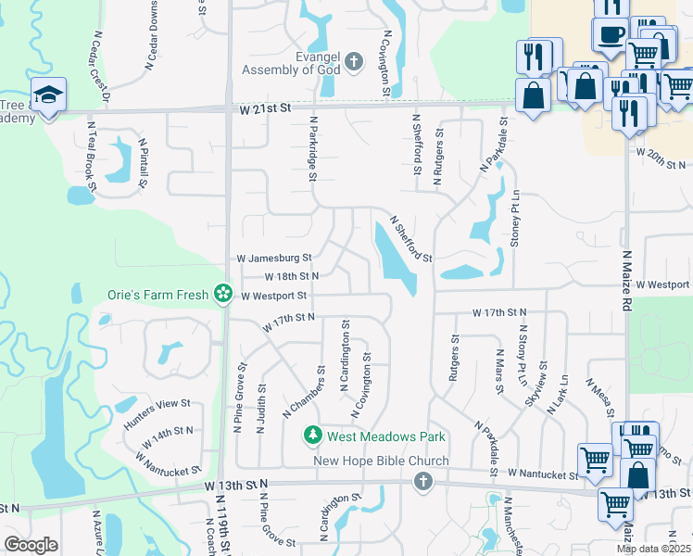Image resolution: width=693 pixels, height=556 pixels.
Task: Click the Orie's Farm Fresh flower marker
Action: pos(222,294)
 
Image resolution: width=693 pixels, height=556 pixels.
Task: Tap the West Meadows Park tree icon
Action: pos(313,436)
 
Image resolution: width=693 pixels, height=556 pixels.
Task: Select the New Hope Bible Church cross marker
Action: pos(422,480)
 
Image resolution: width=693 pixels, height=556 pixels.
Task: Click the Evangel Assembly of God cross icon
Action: pos(353,63)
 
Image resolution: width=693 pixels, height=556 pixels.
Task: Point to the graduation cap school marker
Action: pos(46,95)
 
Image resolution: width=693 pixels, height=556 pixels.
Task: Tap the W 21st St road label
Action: pos(266,108)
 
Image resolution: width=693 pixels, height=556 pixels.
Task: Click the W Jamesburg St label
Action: pos(274,258)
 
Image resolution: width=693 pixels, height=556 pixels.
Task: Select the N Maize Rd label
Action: pos(627,279)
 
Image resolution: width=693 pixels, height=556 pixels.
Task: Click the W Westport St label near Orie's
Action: pos(273,296)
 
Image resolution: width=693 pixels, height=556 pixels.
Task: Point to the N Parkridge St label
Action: pos(313,148)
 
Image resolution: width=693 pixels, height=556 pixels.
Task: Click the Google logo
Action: pos(31,545)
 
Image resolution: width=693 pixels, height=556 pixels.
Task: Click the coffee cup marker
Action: pos(610,35)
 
